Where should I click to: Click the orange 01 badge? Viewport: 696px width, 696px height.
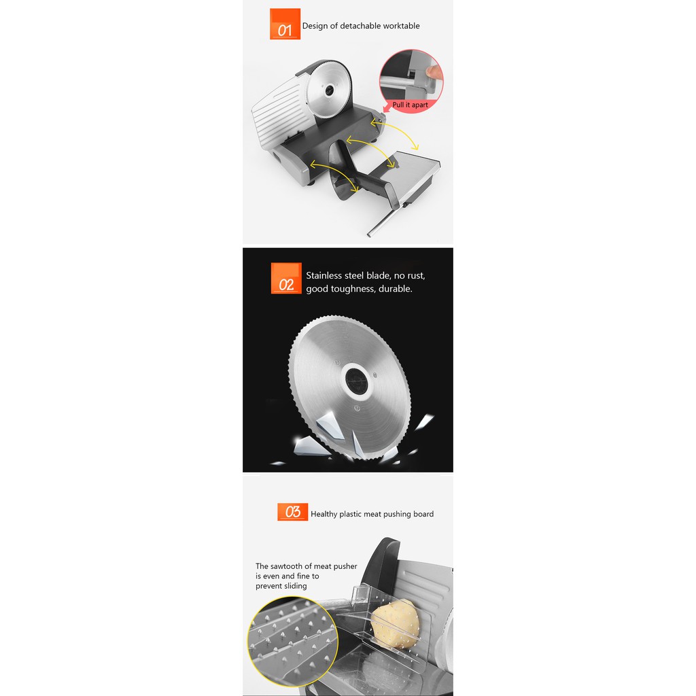(x=285, y=24)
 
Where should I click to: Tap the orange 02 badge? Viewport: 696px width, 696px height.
(x=286, y=278)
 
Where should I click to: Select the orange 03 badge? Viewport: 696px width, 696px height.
(x=292, y=512)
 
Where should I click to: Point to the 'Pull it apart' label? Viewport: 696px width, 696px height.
(x=410, y=105)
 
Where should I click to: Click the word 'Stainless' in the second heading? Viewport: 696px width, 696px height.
(x=324, y=275)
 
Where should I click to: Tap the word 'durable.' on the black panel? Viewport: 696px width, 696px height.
(x=396, y=288)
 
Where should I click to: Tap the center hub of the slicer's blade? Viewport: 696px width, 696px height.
(x=330, y=91)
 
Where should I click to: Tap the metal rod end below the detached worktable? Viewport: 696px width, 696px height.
(x=370, y=234)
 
